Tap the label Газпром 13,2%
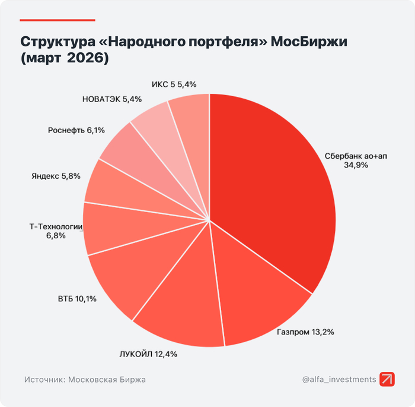(x=305, y=332)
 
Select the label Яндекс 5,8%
(x=55, y=176)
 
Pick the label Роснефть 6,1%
(x=76, y=130)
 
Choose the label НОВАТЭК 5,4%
(x=112, y=99)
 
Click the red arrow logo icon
(x=387, y=379)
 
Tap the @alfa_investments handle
(x=339, y=379)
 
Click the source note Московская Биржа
(x=85, y=379)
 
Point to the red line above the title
(x=57, y=20)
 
